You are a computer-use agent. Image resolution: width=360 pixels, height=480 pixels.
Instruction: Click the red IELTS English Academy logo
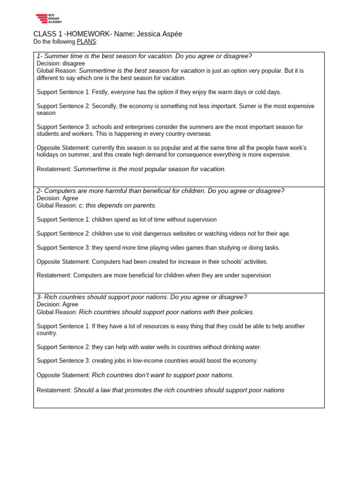[49, 19]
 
